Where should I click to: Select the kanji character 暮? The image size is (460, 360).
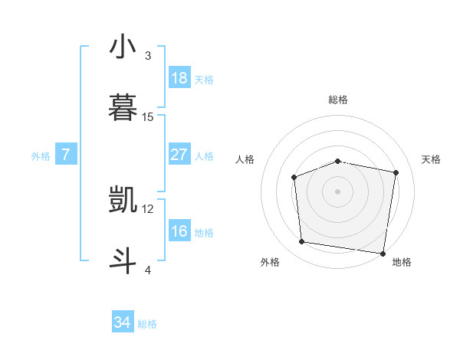pos(123,108)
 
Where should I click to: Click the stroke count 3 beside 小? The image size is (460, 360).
pos(148,55)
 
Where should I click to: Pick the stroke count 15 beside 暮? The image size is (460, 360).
pos(148,117)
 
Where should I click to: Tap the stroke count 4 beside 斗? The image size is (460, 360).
pos(148,270)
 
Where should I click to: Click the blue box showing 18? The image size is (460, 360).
pos(179,78)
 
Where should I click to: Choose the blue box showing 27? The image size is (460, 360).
pos(179,155)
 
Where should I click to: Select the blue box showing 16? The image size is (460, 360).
pos(179,231)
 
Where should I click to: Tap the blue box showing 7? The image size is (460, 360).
pos(66,155)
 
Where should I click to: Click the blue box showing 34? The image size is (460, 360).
pos(123,323)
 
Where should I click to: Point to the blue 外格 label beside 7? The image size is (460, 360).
pos(41,156)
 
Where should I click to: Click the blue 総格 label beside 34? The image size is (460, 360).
pos(147,324)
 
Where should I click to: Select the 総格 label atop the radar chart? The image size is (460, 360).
pos(338,100)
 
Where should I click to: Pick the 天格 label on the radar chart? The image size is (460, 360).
pos(432,159)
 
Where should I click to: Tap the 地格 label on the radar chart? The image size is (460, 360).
pos(402,262)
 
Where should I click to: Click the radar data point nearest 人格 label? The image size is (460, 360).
pos(294,178)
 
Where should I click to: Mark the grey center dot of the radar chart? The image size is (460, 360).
pos(337,191)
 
